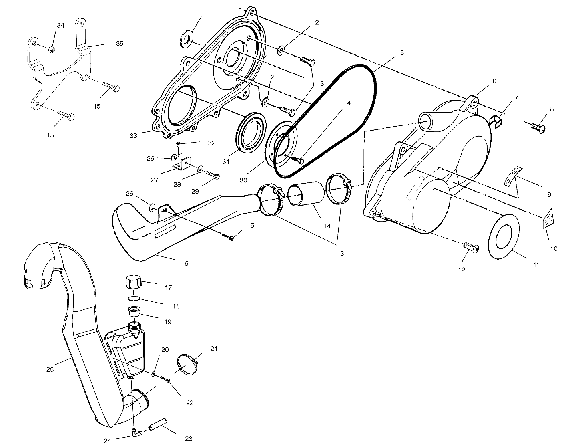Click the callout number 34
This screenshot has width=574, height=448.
coord(60,25)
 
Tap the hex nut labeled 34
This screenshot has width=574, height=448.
coord(52,49)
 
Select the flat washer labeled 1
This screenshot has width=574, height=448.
coord(187,39)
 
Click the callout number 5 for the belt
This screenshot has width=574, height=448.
coord(401,52)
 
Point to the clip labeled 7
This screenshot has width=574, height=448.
coord(497,120)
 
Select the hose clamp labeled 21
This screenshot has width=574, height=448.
coord(187,365)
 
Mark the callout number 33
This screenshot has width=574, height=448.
coord(133,136)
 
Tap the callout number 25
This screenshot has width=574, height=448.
coord(50,369)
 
